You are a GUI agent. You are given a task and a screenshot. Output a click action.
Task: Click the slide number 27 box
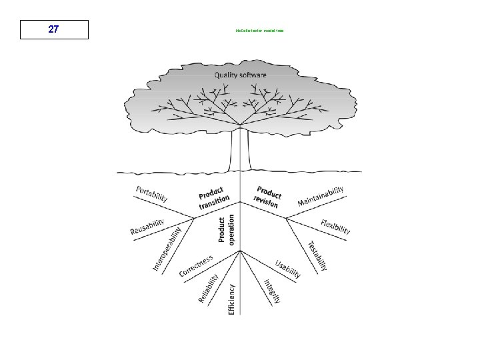coord(54,29)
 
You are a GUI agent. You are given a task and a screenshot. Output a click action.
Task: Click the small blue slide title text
coord(259,31)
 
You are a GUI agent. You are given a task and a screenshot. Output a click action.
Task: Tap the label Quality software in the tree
coord(240,75)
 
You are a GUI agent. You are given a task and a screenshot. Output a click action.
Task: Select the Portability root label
coord(152,194)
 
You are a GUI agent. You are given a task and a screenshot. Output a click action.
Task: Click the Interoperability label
coord(167,249)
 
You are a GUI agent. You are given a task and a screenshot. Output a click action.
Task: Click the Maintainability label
coord(321,196)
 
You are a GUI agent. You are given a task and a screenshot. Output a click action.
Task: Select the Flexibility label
coord(335,227)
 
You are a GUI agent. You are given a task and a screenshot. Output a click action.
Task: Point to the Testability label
coord(318,256)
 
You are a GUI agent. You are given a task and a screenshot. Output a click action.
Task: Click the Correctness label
coord(196,265)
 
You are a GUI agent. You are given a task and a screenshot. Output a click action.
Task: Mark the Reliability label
coord(208,288)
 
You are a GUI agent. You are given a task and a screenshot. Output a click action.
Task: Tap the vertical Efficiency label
coord(231,299)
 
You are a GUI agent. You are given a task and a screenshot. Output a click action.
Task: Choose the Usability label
coord(289,268)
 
